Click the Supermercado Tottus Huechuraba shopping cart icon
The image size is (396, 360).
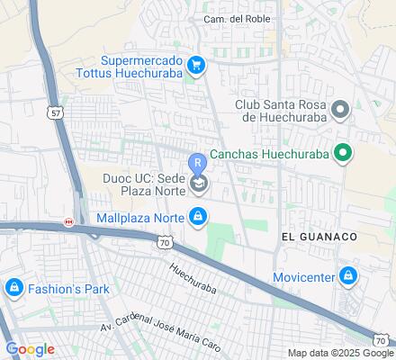pos(196,64)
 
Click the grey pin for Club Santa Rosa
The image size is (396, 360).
pos(340,111)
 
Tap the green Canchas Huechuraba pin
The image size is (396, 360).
pos(342,153)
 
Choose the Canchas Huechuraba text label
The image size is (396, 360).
pos(268,153)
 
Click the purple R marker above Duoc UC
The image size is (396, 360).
pos(197,163)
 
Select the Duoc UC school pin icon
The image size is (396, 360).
pos(197,184)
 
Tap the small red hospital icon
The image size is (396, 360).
pos(67,221)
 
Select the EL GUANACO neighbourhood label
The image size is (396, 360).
pos(319,236)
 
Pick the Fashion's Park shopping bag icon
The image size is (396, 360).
pos(13,289)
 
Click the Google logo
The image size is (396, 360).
pos(30,349)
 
